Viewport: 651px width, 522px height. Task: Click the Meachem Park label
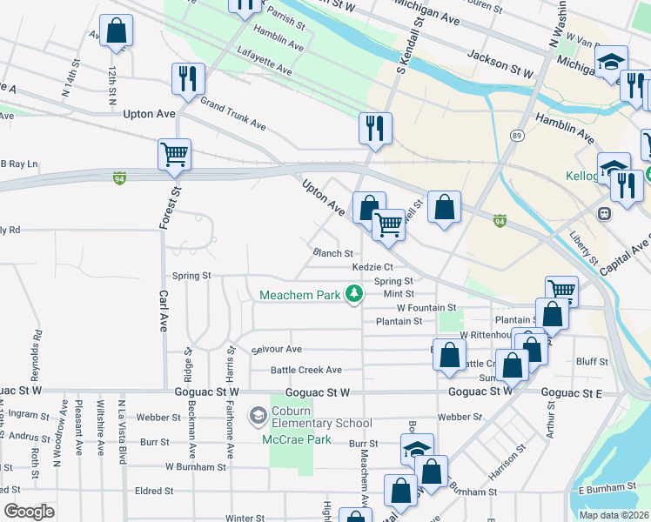click(299, 296)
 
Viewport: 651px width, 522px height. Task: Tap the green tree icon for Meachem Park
click(353, 295)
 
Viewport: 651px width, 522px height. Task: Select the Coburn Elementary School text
click(323, 417)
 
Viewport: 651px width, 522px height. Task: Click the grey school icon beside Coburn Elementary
click(258, 417)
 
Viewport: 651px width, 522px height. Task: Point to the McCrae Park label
click(297, 439)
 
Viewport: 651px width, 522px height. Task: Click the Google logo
click(29, 512)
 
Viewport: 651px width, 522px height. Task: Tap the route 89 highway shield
click(517, 137)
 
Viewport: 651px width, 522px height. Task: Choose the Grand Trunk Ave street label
click(232, 114)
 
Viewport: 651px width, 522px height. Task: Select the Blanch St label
click(332, 253)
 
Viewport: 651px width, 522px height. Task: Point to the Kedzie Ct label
click(373, 267)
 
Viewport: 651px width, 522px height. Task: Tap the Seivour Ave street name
click(276, 350)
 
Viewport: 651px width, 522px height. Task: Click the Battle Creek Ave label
click(296, 371)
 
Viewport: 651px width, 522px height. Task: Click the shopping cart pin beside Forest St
click(174, 155)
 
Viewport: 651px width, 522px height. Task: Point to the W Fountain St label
click(426, 308)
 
